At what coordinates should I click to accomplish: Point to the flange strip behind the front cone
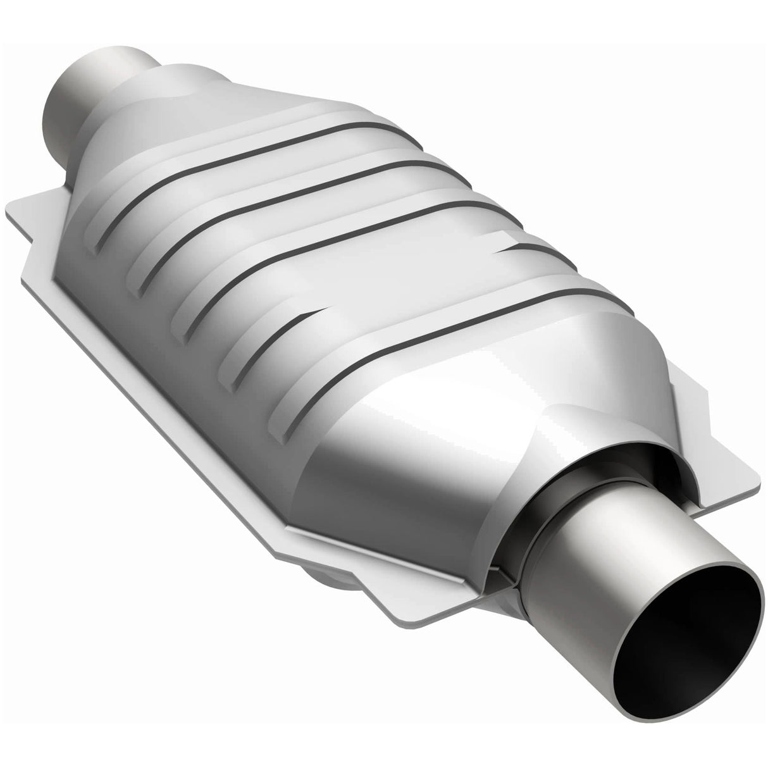click(696, 405)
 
